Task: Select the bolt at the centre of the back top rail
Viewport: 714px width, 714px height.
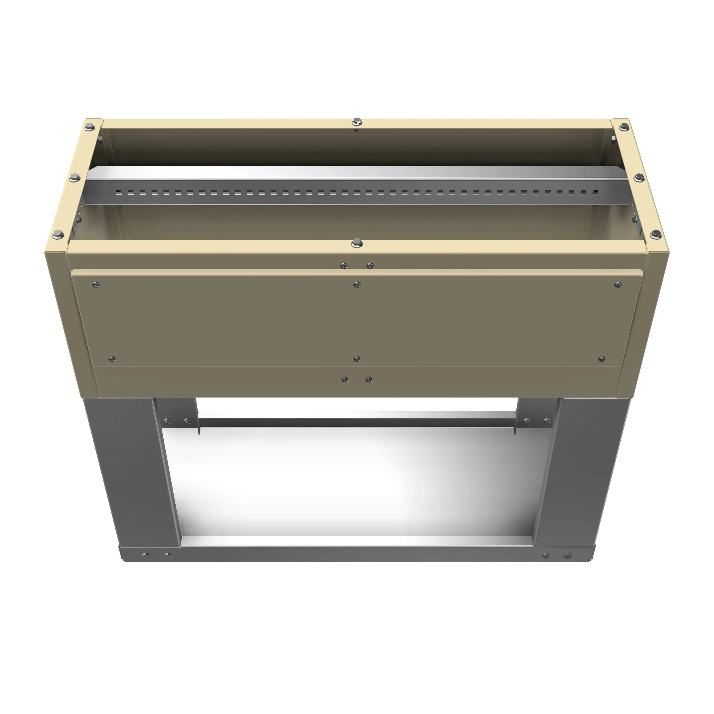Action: pyautogui.click(x=357, y=121)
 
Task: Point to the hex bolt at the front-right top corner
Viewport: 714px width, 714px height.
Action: pyautogui.click(x=655, y=233)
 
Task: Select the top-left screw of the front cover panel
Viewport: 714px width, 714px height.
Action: pyautogui.click(x=96, y=284)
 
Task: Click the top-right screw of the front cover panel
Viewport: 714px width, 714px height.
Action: pyautogui.click(x=617, y=284)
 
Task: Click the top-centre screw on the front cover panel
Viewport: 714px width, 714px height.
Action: pyautogui.click(x=357, y=284)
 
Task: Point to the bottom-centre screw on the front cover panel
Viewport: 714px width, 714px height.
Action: pyautogui.click(x=357, y=358)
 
